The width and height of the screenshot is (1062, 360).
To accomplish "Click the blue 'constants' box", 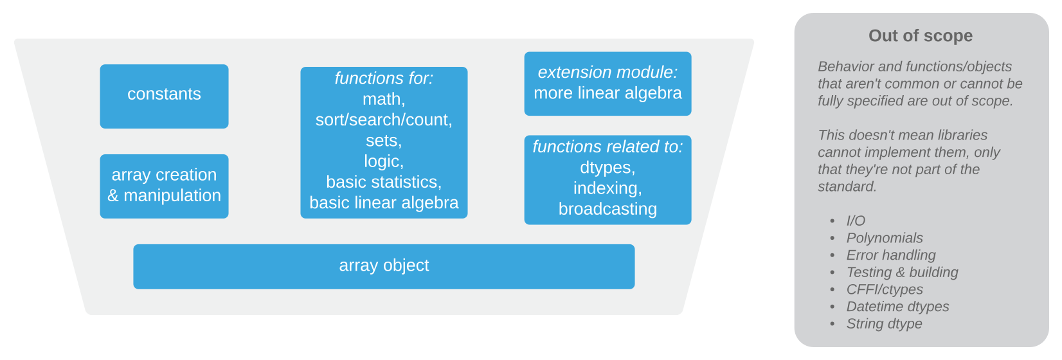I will click(164, 96).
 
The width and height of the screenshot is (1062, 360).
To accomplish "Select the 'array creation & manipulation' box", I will click(164, 186).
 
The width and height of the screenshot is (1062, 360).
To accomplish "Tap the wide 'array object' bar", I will click(384, 266).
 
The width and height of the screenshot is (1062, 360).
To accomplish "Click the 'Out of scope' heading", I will click(920, 36).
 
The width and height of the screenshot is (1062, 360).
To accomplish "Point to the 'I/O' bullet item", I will click(856, 221).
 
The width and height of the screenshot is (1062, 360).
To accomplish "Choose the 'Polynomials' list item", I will click(884, 238).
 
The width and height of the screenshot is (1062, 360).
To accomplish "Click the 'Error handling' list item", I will click(890, 255).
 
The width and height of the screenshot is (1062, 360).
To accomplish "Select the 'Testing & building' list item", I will click(901, 273).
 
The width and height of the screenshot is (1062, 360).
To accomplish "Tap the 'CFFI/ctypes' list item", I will click(884, 290).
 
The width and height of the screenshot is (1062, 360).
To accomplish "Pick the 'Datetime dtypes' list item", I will click(897, 307).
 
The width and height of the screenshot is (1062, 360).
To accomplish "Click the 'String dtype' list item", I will click(884, 324).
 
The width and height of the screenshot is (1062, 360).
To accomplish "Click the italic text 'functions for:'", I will click(384, 78).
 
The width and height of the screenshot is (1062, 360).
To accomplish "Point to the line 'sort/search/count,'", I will click(384, 120).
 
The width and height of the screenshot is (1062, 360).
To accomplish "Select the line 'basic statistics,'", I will click(384, 182).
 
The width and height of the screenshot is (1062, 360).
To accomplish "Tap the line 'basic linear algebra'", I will click(384, 203).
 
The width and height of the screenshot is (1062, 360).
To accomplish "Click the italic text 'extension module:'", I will click(607, 73).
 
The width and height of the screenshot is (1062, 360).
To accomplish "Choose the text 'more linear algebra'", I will click(607, 93).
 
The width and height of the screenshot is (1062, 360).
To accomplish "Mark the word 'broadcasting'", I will click(607, 210).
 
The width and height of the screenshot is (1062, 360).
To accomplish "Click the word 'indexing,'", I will click(607, 188).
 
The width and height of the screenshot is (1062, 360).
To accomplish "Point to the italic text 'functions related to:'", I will click(607, 147).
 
